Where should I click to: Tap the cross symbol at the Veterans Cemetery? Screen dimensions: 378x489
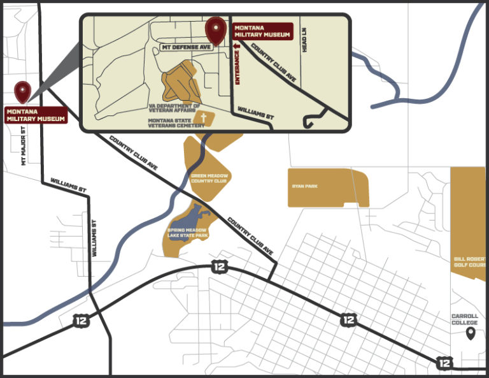(x=204, y=119)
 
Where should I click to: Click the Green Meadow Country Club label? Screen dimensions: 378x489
(x=209, y=178)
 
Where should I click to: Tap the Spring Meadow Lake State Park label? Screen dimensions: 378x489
(x=188, y=233)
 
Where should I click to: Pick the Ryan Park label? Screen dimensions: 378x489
(x=304, y=187)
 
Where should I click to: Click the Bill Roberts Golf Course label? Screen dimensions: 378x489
(x=471, y=261)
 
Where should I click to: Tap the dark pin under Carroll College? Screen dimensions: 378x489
(x=471, y=333)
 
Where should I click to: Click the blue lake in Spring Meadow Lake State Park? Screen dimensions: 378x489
(x=195, y=217)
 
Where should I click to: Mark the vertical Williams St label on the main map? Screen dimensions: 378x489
(x=94, y=238)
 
